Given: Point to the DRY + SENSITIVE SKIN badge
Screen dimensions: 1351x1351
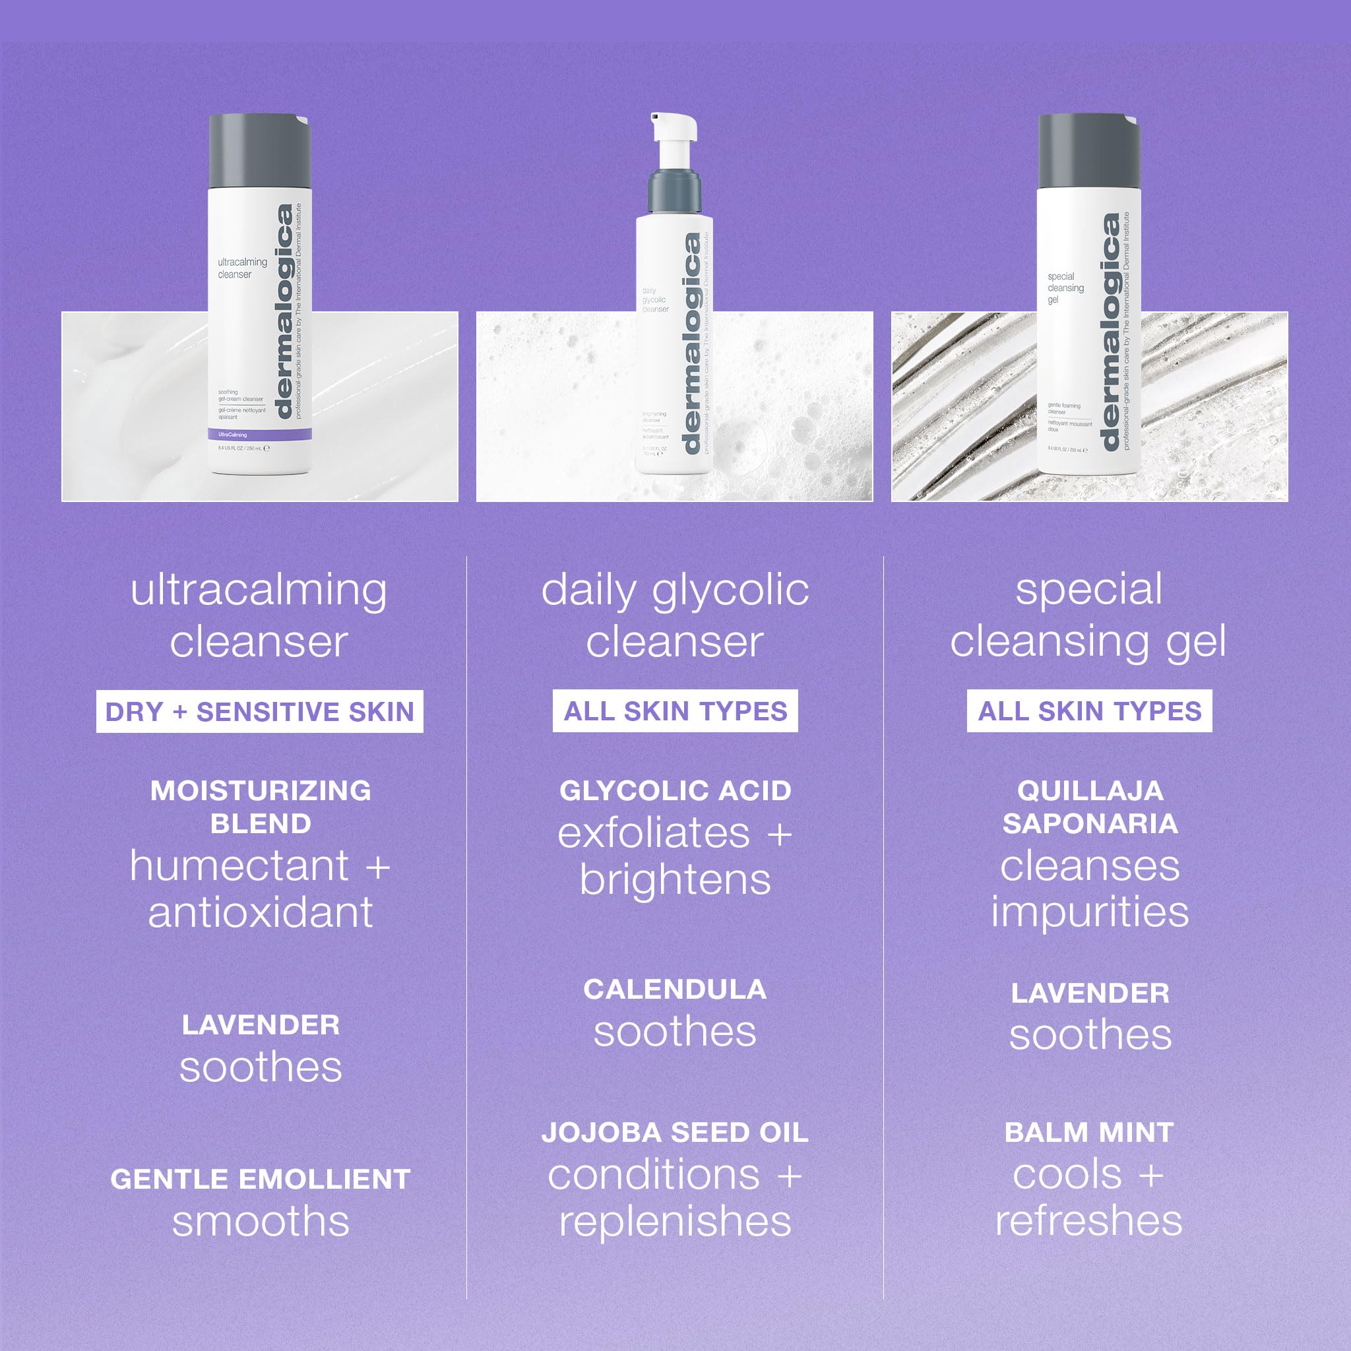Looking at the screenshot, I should tap(259, 712).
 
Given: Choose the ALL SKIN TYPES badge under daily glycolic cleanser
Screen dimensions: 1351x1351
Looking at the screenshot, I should tap(675, 711).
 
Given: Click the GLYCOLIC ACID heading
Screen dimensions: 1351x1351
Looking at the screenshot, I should tap(675, 790).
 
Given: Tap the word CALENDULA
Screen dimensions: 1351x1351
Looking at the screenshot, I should tap(675, 989).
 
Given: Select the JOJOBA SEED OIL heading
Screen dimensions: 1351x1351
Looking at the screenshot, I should tap(675, 1133).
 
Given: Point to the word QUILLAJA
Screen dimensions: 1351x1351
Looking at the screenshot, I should tap(1090, 790).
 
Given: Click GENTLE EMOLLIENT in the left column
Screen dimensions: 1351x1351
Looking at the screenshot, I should tap(260, 1179).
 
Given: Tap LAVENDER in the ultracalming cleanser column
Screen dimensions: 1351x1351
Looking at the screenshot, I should tap(260, 1025).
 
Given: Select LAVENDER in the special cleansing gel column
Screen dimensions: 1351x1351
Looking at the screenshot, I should tap(1090, 993).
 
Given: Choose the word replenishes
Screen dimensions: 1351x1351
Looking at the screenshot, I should tap(675, 1222).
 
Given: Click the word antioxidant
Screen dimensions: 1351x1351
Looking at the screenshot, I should tap(260, 912).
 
